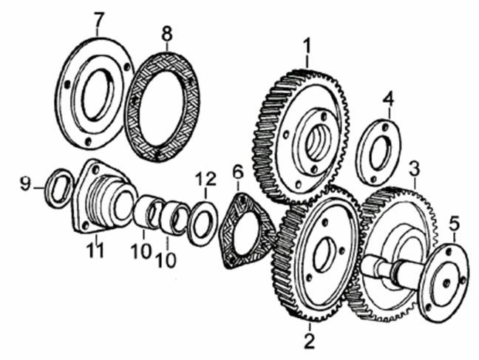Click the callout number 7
point(98,19)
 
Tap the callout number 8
point(167,33)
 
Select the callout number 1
point(307,46)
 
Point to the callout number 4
point(388,100)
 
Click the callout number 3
point(415,170)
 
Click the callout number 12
point(205,180)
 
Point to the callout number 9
point(25,184)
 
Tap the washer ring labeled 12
point(203,223)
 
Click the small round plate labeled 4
point(378,151)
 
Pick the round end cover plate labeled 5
point(444,279)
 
